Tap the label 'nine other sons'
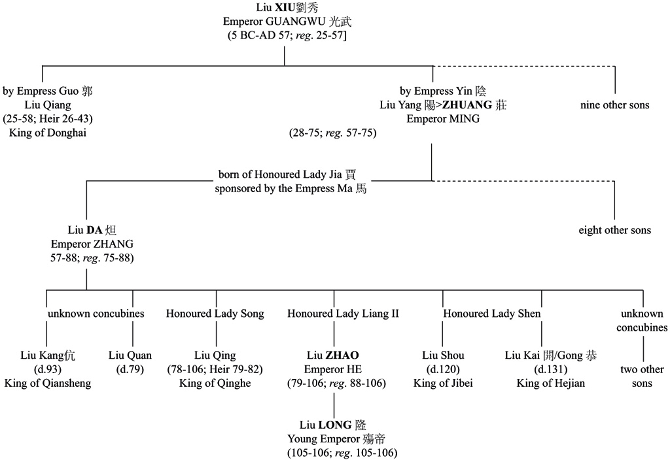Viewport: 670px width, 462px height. click(x=614, y=105)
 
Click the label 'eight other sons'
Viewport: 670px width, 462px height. click(x=614, y=230)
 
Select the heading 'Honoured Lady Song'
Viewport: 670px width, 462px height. click(x=215, y=314)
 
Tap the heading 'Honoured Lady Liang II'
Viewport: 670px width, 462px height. click(x=343, y=314)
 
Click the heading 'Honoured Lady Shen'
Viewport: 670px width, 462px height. click(x=492, y=314)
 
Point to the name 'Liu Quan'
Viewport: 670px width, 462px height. click(x=130, y=355)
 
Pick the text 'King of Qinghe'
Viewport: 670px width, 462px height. click(x=215, y=383)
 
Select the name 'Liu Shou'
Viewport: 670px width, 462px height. click(x=443, y=355)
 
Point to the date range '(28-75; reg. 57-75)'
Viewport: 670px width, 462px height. click(x=333, y=133)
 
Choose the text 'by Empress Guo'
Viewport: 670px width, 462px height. click(x=48, y=91)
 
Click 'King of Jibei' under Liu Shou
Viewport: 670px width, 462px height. click(x=443, y=383)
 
